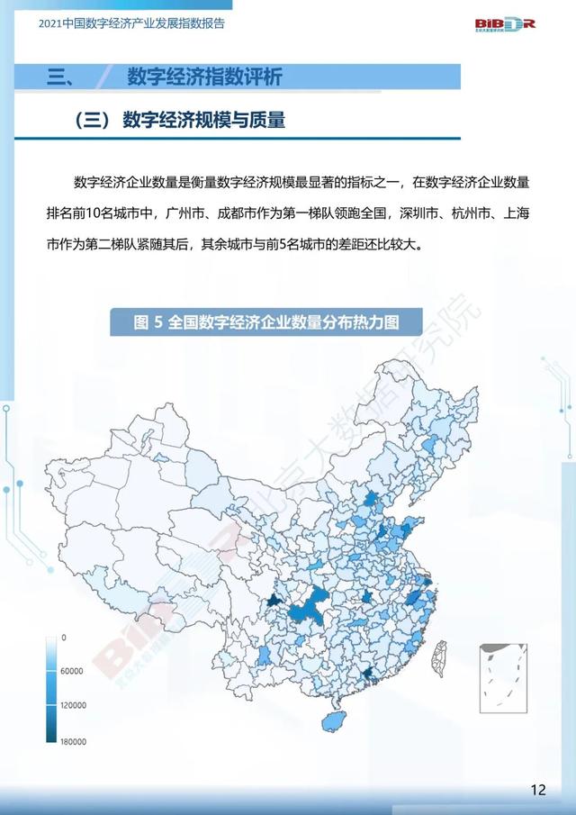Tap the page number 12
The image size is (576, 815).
click(538, 791)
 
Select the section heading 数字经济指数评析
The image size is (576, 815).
click(204, 77)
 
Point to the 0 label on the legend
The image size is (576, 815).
click(64, 637)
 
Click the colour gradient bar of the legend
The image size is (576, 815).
click(52, 690)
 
